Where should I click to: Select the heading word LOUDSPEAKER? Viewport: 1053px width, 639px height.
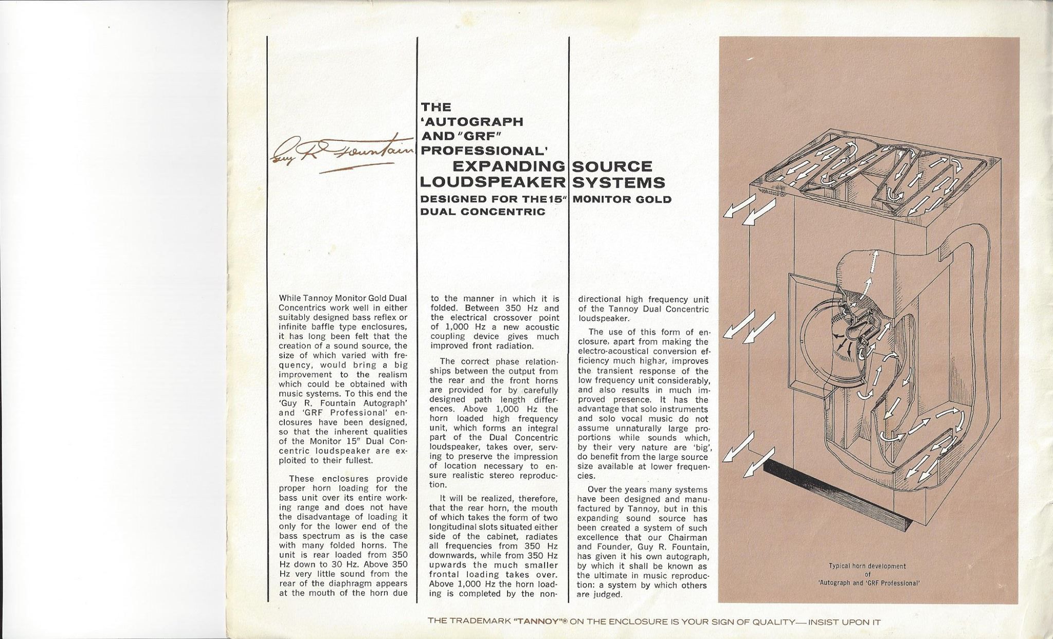[493, 183]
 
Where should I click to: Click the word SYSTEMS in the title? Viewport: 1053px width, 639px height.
[619, 183]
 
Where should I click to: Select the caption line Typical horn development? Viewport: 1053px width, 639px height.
[866, 566]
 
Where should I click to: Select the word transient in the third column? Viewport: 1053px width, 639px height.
[614, 371]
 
